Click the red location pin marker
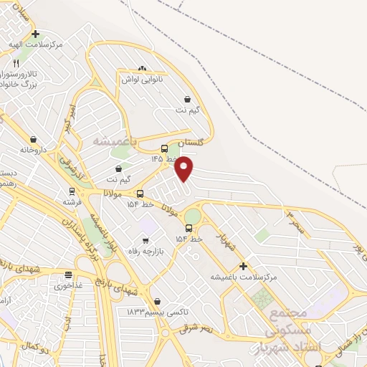pyautogui.click(x=184, y=168)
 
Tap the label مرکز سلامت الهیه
pyautogui.click(x=36, y=44)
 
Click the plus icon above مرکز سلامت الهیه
pyautogui.click(x=35, y=34)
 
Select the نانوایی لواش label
pyautogui.click(x=142, y=80)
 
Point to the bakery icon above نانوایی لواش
pyautogui.click(x=142, y=69)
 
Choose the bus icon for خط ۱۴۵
pyautogui.click(x=164, y=148)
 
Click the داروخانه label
pyautogui.click(x=33, y=150)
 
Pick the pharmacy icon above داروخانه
pyautogui.click(x=33, y=139)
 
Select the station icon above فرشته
pyautogui.click(x=72, y=191)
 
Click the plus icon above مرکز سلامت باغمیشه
pyautogui.click(x=243, y=266)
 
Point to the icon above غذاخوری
pyautogui.click(x=68, y=275)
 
